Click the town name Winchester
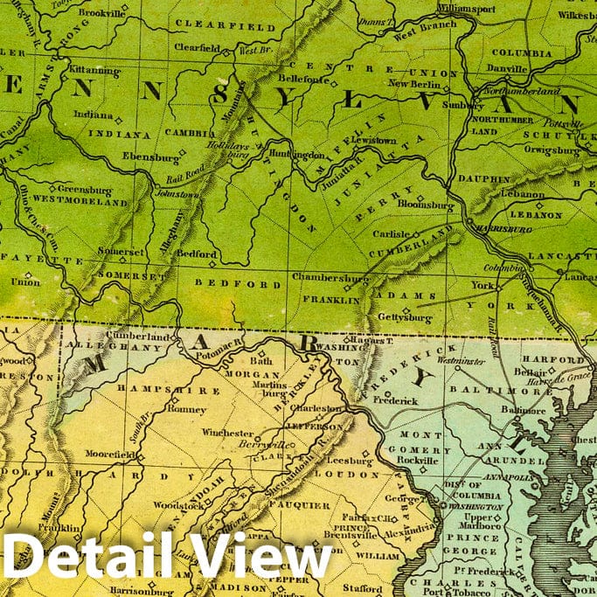tap(229, 433)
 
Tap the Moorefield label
tap(110, 455)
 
